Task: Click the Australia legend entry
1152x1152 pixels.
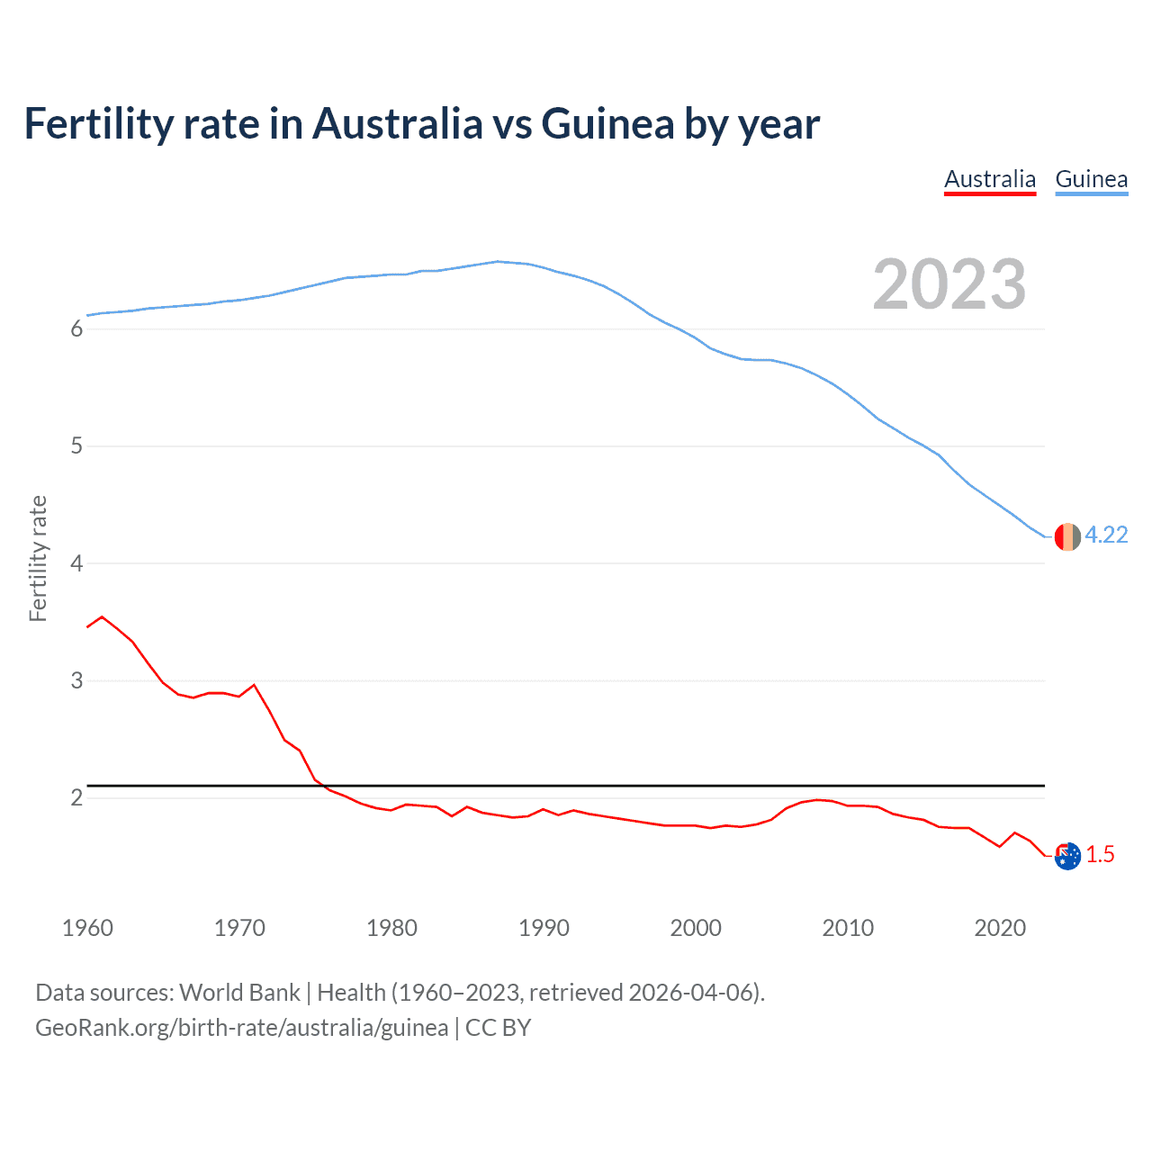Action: [x=990, y=179]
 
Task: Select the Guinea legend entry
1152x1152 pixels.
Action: [x=1091, y=179]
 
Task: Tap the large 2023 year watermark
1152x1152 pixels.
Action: [x=949, y=284]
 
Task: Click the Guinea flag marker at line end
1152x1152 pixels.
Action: [x=1067, y=536]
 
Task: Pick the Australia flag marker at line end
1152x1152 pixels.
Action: [x=1067, y=856]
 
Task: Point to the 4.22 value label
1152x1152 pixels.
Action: [x=1106, y=535]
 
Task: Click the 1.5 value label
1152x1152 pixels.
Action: [x=1100, y=855]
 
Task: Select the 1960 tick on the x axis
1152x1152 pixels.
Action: [x=87, y=928]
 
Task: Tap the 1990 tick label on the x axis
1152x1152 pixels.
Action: [x=544, y=928]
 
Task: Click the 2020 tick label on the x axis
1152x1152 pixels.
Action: [x=1000, y=928]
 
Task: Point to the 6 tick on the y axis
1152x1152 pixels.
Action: [x=76, y=329]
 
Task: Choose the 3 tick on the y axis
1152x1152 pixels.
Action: [x=76, y=681]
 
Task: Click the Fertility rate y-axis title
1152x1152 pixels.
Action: [x=38, y=558]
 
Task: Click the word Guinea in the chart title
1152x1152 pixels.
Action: [x=607, y=124]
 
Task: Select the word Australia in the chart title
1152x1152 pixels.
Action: [x=397, y=124]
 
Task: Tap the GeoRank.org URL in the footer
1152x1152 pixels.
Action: [x=241, y=1028]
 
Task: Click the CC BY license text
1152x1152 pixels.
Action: [x=498, y=1028]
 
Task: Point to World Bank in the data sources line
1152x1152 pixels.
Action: [x=239, y=993]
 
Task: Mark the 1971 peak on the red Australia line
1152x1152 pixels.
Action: [x=254, y=685]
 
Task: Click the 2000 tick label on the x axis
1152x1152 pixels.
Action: [x=696, y=928]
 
